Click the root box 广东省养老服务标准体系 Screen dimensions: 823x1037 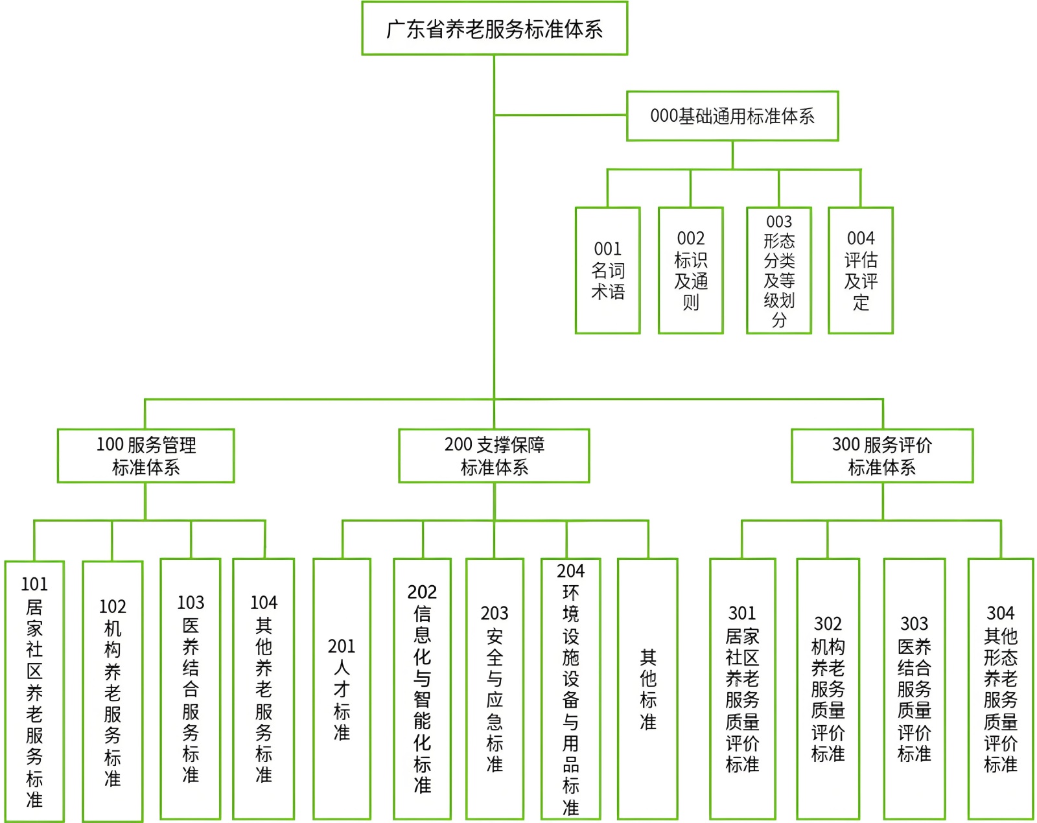pos(495,29)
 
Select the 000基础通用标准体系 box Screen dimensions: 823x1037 pos(732,116)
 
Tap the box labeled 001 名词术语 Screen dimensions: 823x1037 pos(608,270)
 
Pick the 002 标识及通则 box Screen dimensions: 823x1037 pos(691,270)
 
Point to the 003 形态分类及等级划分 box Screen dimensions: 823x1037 pos(779,270)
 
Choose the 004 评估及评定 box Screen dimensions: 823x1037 pos(861,270)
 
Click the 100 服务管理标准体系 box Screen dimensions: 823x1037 pos(146,456)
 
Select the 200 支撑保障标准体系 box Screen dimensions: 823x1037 pos(494,456)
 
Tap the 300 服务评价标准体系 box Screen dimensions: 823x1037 pos(882,456)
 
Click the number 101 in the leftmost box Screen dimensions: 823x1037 pos(34,585)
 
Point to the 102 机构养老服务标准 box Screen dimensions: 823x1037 pos(113,691)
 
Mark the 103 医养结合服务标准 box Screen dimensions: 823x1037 pos(191,689)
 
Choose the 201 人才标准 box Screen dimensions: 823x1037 pos(342,689)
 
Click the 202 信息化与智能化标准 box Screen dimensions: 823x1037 pos(422,689)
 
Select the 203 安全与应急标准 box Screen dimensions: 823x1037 pos(495,689)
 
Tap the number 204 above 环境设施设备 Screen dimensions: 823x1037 pos(570,571)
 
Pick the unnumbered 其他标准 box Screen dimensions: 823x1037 pos(648,689)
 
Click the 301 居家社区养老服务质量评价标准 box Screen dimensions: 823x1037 pos(743,689)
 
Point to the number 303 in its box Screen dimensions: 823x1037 pos(915,623)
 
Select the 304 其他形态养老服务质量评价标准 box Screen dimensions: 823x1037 pos(1001,689)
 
